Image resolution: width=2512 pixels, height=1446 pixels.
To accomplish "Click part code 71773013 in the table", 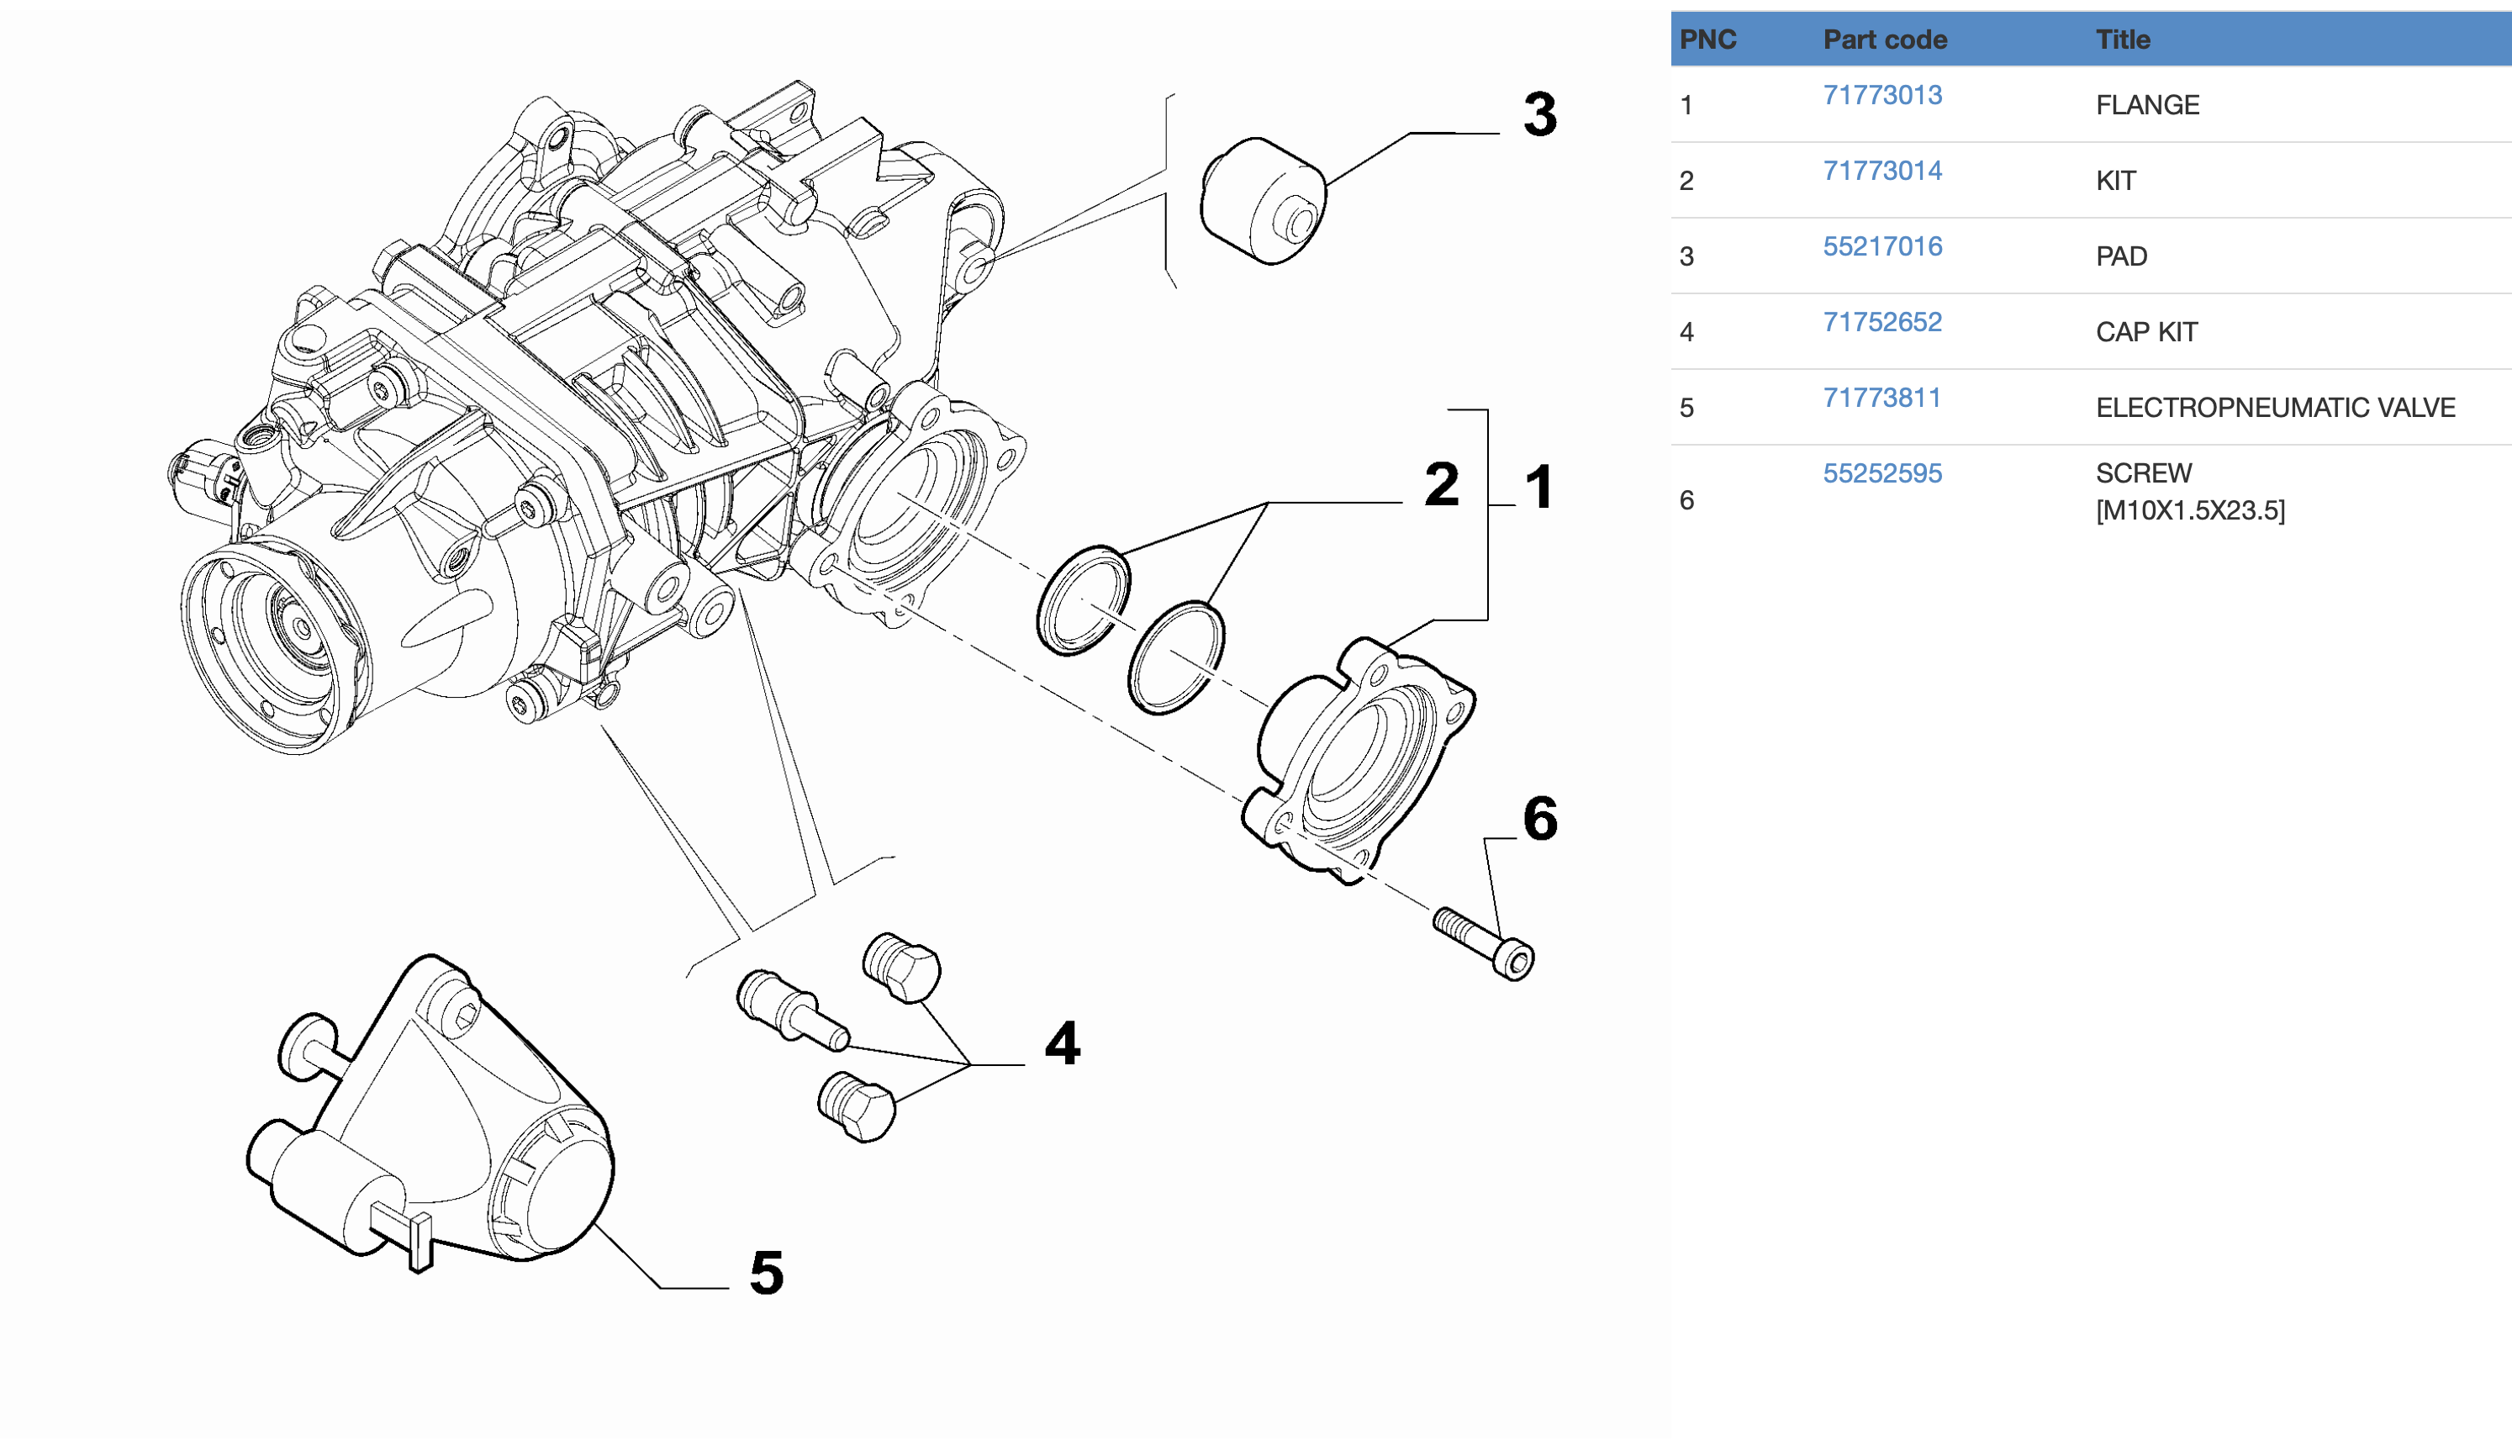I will tap(1881, 95).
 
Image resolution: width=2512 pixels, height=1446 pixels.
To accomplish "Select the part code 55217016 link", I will tap(1881, 246).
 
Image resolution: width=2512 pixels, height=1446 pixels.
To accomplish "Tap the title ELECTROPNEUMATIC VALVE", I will tap(2274, 407).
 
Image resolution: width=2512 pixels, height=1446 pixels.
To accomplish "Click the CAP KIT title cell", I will tap(2145, 332).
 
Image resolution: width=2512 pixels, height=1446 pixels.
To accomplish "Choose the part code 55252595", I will tap(1881, 472).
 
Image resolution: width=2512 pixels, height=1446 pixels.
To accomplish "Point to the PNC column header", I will tap(1707, 40).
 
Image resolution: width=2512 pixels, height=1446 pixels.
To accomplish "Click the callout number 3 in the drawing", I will tap(1539, 114).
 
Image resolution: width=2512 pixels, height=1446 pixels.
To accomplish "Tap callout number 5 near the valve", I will tap(766, 1272).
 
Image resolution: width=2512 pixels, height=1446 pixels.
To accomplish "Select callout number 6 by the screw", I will tap(1539, 820).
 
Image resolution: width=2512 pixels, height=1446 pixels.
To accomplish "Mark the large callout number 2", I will tap(1441, 484).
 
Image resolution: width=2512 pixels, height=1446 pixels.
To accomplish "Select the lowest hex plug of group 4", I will tap(857, 1106).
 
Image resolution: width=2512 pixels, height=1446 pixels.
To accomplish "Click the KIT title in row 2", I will tap(2115, 181).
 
